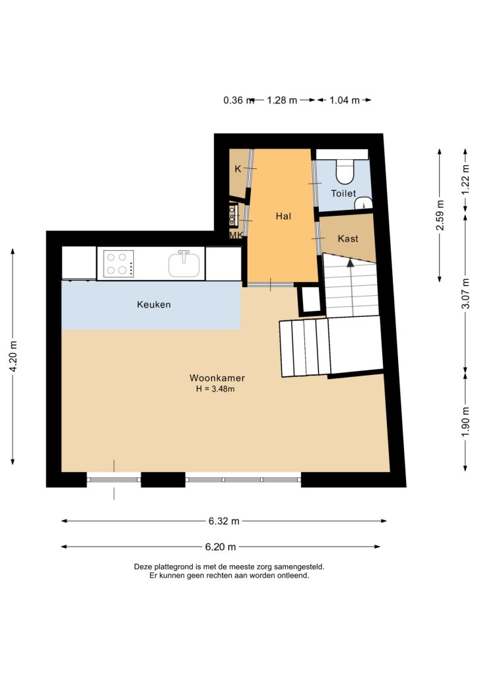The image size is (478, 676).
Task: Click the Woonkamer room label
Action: [x=217, y=378]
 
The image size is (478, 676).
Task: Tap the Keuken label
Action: [x=154, y=304]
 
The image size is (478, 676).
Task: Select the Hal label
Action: [x=283, y=216]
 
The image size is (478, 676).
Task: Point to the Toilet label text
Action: [x=343, y=193]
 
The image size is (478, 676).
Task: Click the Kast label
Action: [x=348, y=238]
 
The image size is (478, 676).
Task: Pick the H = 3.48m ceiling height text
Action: [x=215, y=389]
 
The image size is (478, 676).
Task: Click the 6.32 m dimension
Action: [x=224, y=521]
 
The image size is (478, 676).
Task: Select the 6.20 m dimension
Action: [x=221, y=547]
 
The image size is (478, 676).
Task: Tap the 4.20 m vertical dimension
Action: [x=13, y=356]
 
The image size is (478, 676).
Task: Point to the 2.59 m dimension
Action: [x=440, y=215]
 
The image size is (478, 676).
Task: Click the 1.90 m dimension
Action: [x=465, y=421]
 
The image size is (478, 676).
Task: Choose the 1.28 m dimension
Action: [x=282, y=100]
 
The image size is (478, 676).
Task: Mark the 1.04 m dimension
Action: [x=345, y=100]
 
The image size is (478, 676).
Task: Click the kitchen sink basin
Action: [x=184, y=264]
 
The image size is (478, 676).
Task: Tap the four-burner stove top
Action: [x=118, y=264]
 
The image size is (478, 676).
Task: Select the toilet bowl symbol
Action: [x=345, y=172]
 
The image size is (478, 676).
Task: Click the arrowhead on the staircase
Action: [x=351, y=261]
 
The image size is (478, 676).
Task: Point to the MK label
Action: [x=236, y=235]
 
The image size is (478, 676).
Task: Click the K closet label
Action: [x=238, y=168]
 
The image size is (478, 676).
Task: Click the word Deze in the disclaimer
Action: [x=142, y=566]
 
